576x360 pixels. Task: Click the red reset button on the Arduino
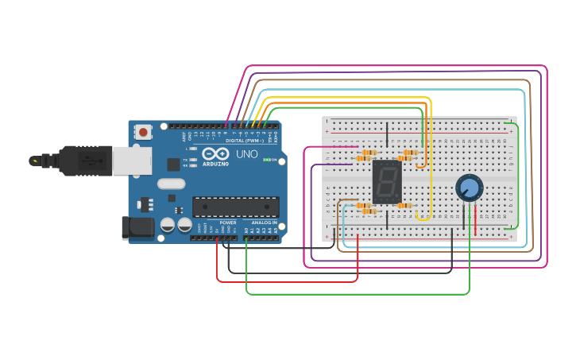[x=143, y=132]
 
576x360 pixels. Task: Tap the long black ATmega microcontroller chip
[x=235, y=207]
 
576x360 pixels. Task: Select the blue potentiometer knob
[x=469, y=188]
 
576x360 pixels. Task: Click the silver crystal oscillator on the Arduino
[x=171, y=184]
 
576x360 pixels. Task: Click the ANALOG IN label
[x=264, y=223]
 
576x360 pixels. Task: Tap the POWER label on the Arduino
[x=228, y=223]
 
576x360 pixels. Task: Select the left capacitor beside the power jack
[x=168, y=225]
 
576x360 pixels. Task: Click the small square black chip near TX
[x=173, y=165]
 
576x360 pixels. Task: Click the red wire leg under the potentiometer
[x=476, y=219]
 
